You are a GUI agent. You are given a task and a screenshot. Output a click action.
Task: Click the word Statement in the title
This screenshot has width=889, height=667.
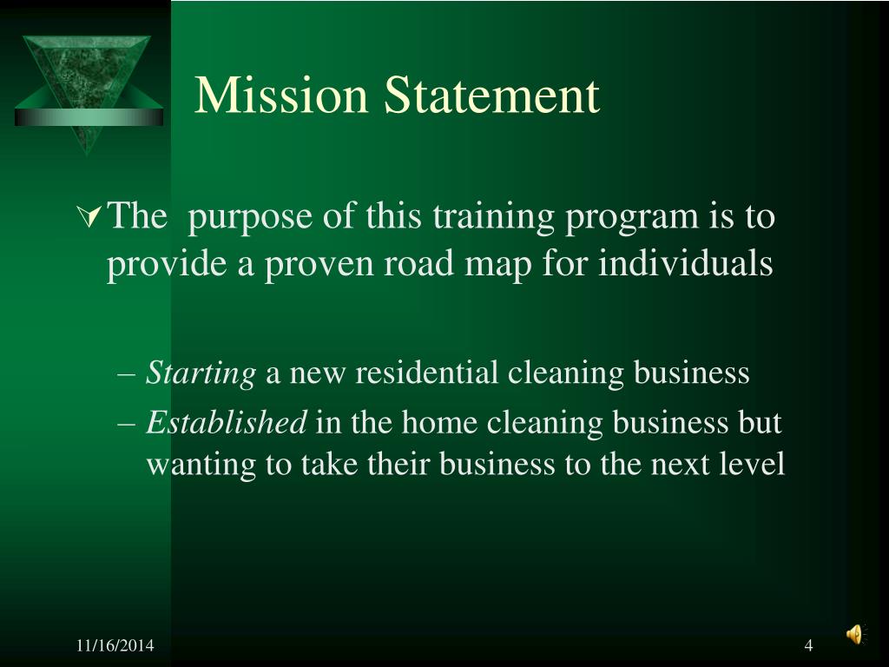coord(492,96)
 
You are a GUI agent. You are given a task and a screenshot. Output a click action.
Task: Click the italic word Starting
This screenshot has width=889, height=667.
coord(201,374)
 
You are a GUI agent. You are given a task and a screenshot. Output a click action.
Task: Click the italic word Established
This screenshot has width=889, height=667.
coord(226,423)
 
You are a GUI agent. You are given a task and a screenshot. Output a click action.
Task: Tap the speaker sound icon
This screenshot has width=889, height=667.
coord(855,635)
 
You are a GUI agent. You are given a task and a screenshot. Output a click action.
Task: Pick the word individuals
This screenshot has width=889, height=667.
coord(685,262)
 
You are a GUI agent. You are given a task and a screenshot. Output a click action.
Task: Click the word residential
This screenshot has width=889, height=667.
coord(427,373)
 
